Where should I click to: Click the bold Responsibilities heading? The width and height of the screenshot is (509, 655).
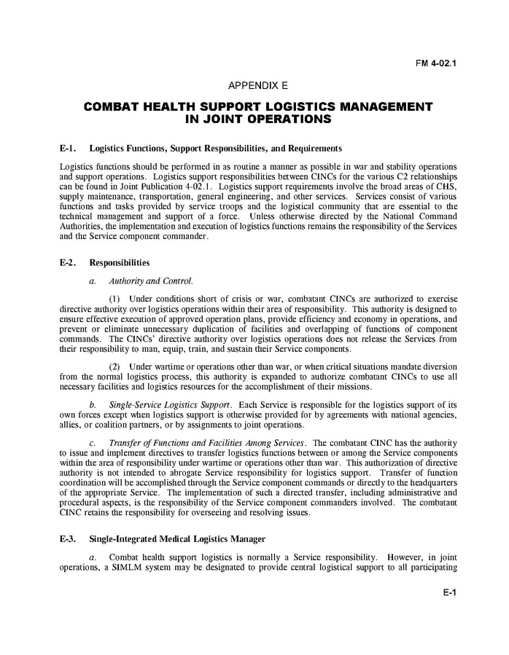120,262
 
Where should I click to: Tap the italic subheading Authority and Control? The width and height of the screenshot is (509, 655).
151,281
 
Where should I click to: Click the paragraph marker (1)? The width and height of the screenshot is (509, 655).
114,299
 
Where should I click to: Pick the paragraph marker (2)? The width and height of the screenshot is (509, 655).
114,364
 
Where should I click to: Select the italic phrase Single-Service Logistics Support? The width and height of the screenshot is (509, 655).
170,404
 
